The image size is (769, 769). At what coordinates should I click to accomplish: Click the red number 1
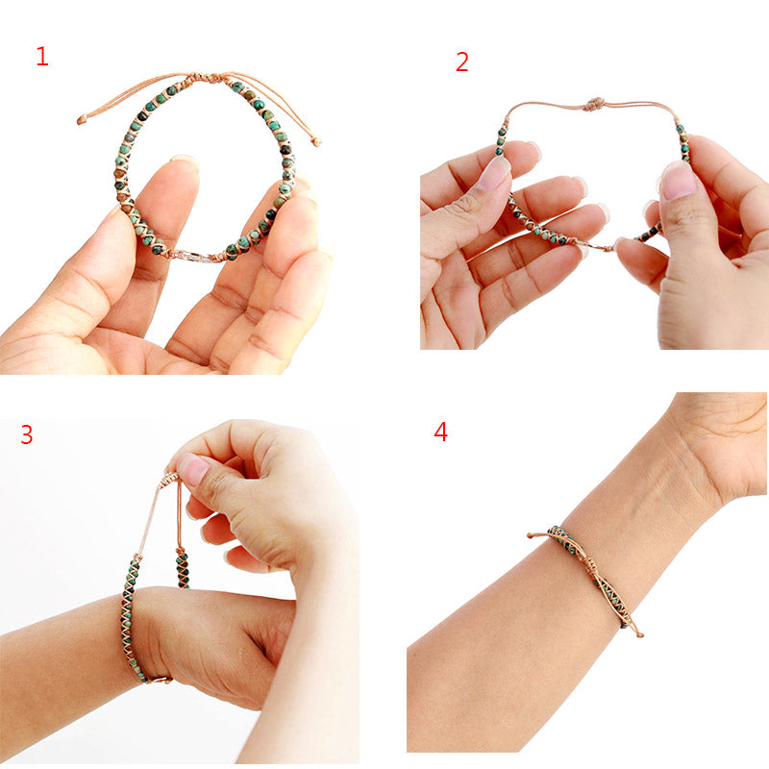tap(41, 57)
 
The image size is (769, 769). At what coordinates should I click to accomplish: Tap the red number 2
tap(462, 62)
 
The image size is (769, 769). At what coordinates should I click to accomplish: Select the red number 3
tap(26, 434)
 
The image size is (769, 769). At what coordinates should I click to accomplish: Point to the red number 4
tap(440, 432)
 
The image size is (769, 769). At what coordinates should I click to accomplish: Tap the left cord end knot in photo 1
tap(82, 120)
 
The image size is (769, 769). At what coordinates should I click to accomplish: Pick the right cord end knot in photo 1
tap(316, 142)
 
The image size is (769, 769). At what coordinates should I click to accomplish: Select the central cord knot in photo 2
tap(595, 103)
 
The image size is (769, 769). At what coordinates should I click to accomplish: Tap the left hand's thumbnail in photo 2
tap(495, 173)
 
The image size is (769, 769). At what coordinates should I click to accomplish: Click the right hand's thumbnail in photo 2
tap(678, 181)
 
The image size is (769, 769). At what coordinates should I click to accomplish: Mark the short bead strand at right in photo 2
tap(682, 142)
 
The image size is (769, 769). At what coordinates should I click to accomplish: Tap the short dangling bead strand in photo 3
tap(181, 567)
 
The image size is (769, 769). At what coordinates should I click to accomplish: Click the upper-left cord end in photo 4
tap(532, 534)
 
